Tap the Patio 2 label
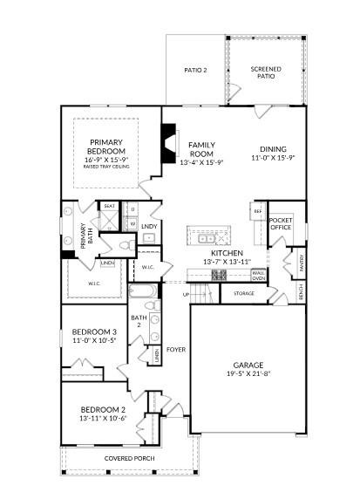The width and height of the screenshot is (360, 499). pyautogui.click(x=195, y=70)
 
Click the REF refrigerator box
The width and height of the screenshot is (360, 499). pyautogui.click(x=258, y=211)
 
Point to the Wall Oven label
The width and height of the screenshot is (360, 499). pyautogui.click(x=259, y=276)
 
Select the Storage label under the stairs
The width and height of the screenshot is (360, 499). pyautogui.click(x=244, y=294)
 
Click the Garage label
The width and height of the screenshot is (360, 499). pyautogui.click(x=248, y=366)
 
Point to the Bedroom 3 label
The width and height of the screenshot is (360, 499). pyautogui.click(x=95, y=332)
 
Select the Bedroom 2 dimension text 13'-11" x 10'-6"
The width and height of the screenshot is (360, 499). pyautogui.click(x=104, y=418)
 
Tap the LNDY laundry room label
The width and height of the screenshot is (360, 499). pyautogui.click(x=149, y=226)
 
